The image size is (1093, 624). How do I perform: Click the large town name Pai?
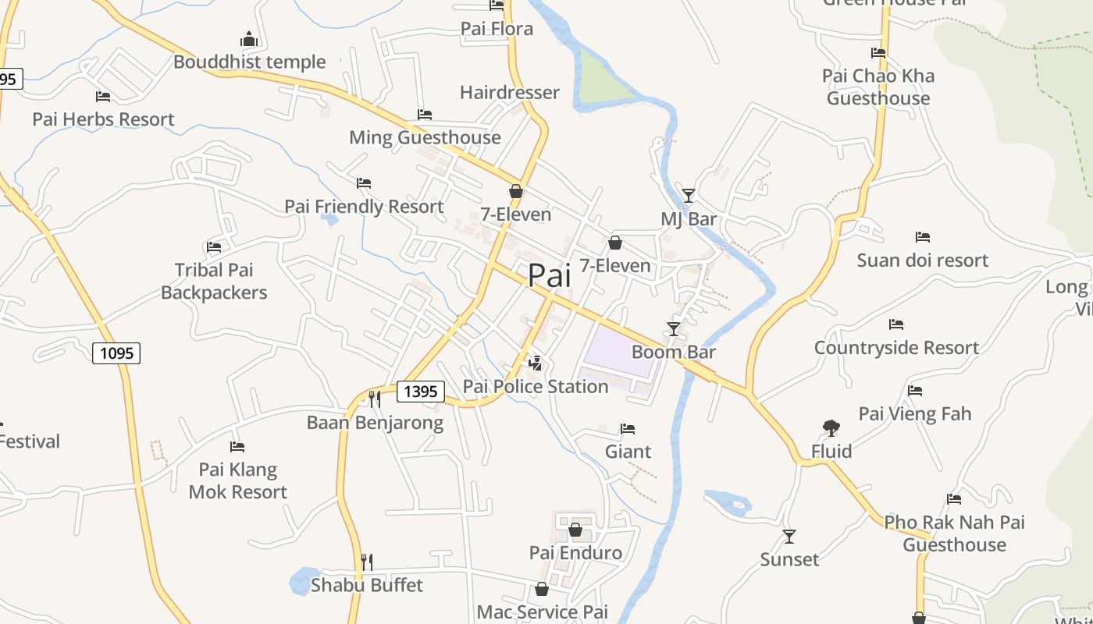coord(549,275)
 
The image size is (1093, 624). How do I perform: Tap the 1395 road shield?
coord(421,391)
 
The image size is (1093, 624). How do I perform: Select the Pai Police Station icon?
coord(536,363)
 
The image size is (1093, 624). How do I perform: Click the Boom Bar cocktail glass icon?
coord(674,328)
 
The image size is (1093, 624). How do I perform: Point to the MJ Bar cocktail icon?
coord(688,195)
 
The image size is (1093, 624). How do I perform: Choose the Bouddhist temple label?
coord(249,62)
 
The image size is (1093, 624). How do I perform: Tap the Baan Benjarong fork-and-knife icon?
coord(375,399)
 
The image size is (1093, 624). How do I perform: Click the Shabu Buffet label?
coord(367,585)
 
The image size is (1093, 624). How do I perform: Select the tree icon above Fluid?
coord(831,427)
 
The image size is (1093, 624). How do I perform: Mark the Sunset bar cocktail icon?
coord(789,536)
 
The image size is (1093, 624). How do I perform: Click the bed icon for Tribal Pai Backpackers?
coord(214,247)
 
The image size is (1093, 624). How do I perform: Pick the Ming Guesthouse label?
coord(425,138)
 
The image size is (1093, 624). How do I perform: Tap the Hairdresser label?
coord(509,93)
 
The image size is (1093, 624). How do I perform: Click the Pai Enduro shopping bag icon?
coord(575,530)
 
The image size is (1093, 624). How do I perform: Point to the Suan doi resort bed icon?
coord(923,237)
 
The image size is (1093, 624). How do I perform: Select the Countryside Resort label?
coord(896,348)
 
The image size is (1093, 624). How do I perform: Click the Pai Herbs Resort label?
coord(103,119)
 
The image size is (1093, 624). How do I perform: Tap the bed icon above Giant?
coord(628,429)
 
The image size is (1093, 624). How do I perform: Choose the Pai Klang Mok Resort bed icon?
coord(237,447)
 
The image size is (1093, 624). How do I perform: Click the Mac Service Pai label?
coord(542,612)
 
